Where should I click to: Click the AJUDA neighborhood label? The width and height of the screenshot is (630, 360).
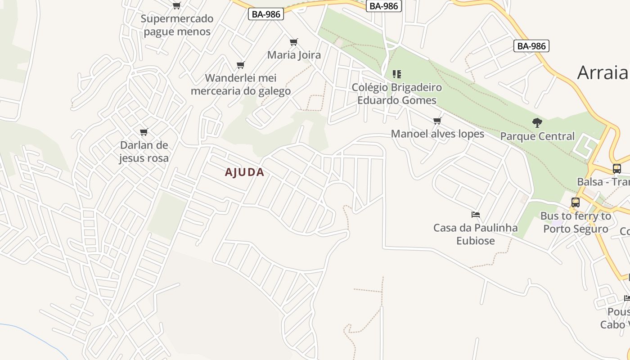click(x=244, y=172)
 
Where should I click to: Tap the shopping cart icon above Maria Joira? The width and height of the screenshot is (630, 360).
click(x=294, y=42)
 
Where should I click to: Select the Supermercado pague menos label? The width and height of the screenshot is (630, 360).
click(x=177, y=25)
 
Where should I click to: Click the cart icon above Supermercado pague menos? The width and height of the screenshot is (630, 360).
click(x=177, y=6)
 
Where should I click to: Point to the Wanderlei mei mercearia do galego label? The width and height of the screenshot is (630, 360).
click(x=241, y=84)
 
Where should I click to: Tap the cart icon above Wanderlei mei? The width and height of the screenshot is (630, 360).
click(x=241, y=65)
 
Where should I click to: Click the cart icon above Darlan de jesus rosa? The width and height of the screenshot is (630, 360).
click(x=144, y=132)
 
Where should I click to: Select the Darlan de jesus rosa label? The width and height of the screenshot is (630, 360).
click(x=144, y=152)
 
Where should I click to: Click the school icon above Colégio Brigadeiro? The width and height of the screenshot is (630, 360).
click(x=396, y=74)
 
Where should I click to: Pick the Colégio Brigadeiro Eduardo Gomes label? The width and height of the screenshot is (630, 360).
click(x=396, y=94)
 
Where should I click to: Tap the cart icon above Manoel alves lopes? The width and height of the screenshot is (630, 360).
click(x=437, y=121)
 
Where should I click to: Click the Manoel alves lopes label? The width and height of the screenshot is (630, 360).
click(x=437, y=134)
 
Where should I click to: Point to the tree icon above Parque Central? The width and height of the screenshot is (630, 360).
click(x=537, y=122)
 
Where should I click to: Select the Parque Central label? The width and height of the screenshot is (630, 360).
click(x=537, y=136)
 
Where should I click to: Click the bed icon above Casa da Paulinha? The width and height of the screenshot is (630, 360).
click(x=476, y=215)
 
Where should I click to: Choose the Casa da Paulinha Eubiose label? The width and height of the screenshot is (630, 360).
click(x=476, y=234)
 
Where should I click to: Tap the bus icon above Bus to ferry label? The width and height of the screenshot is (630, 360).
click(x=576, y=202)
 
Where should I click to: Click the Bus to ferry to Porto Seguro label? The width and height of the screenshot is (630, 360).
click(x=576, y=222)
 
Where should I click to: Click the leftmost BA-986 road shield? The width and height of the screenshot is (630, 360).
click(x=266, y=14)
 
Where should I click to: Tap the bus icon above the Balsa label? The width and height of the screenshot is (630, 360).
click(x=616, y=169)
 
